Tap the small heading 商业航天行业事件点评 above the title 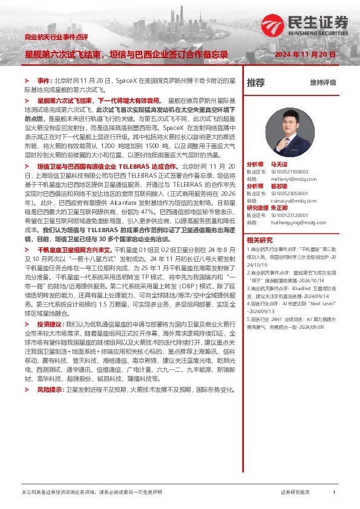pos(55,37)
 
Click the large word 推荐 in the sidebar pos(256,82)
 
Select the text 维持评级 pos(323,82)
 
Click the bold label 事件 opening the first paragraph pos(45,80)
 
